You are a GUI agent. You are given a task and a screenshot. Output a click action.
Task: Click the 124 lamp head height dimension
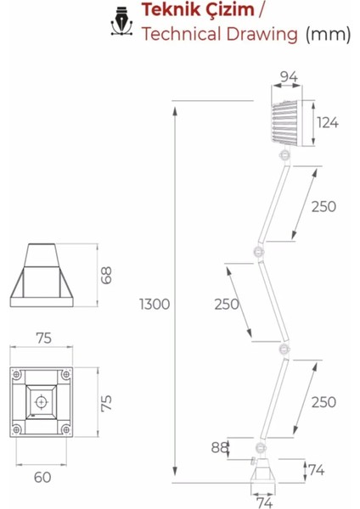328,122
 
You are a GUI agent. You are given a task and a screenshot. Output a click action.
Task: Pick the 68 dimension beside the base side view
106,275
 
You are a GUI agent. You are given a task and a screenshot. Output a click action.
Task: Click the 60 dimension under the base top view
42,477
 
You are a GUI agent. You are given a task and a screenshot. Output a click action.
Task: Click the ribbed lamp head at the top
288,123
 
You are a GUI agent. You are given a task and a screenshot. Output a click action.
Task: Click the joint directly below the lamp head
283,155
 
